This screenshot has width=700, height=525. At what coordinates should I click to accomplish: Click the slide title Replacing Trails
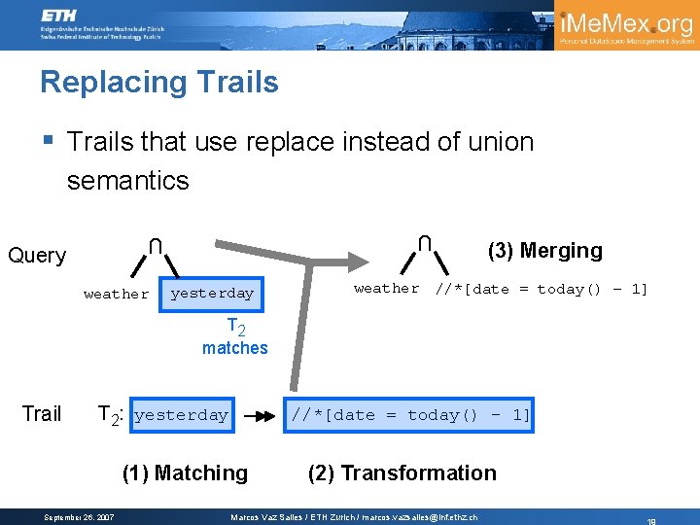point(159,83)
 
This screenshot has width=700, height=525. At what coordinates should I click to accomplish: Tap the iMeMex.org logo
point(626,25)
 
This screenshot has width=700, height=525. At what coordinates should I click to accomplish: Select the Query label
point(37,256)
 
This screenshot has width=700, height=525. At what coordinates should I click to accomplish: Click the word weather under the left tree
point(117,294)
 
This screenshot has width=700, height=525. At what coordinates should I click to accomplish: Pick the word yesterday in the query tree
point(212,294)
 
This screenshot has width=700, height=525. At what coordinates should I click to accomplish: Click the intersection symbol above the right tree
point(425,242)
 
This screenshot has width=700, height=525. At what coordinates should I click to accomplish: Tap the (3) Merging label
point(544,251)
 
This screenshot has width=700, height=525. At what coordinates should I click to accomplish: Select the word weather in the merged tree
point(387,289)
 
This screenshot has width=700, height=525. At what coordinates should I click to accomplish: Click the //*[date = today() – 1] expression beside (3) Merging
point(541,289)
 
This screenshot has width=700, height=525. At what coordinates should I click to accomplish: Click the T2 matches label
point(235,337)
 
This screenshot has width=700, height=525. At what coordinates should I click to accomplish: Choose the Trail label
point(42,414)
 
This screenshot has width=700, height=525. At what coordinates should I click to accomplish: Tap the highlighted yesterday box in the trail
point(182,415)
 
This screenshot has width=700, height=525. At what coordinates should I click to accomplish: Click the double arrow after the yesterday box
point(259,415)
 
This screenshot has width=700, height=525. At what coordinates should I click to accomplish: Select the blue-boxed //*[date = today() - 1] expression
point(410,415)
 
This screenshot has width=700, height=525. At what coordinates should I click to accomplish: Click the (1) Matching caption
point(185,473)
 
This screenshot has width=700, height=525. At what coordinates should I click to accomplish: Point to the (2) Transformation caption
point(402,473)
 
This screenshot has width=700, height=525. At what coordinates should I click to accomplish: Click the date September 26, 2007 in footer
point(80,517)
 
